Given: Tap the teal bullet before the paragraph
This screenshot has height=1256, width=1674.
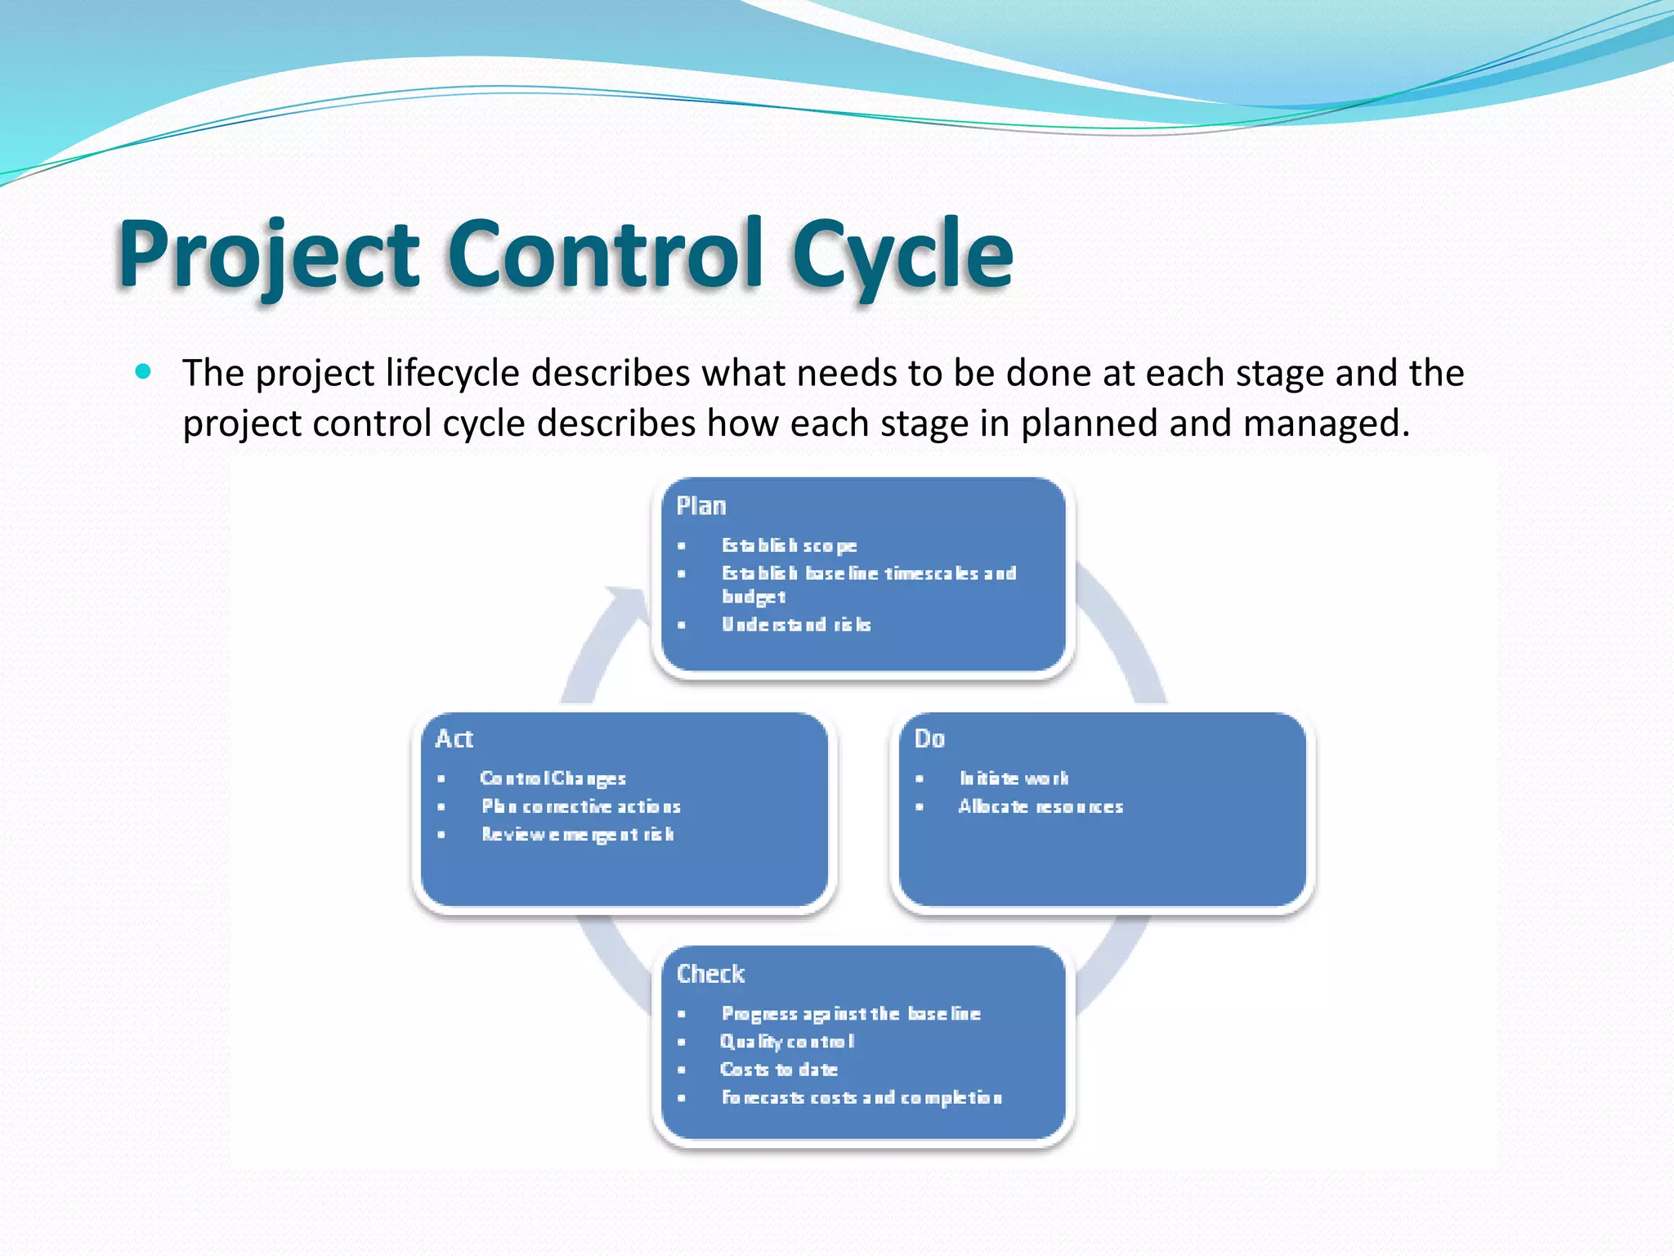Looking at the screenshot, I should pyautogui.click(x=144, y=372).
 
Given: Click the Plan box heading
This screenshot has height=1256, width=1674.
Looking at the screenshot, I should pyautogui.click(x=701, y=506).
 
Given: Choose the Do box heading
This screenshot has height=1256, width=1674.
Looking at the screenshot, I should pyautogui.click(x=929, y=739).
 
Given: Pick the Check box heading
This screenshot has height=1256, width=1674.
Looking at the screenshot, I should pyautogui.click(x=710, y=974).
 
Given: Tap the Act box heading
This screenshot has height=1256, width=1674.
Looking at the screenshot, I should pyautogui.click(x=454, y=739).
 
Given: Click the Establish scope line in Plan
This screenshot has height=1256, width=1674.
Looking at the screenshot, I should pyautogui.click(x=789, y=545).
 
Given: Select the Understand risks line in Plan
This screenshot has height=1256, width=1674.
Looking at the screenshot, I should pyautogui.click(x=796, y=625).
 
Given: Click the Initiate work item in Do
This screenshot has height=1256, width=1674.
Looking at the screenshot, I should pyautogui.click(x=1014, y=778).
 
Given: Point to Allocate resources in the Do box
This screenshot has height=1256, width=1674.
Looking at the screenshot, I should pyautogui.click(x=1041, y=807).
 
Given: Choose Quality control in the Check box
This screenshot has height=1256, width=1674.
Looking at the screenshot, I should pyautogui.click(x=787, y=1042).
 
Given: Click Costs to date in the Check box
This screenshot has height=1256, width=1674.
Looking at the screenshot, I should pyautogui.click(x=778, y=1070).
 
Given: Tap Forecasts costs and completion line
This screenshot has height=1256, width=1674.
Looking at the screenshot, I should pyautogui.click(x=862, y=1097).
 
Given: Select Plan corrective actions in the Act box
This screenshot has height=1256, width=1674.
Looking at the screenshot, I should pyautogui.click(x=581, y=807).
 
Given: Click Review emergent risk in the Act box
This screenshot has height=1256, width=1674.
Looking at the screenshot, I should pyautogui.click(x=578, y=835).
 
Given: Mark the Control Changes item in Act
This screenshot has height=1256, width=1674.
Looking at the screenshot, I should pyautogui.click(x=553, y=778).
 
